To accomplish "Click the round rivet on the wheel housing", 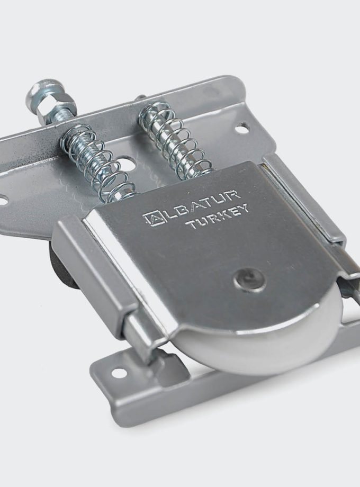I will pyautogui.click(x=249, y=278).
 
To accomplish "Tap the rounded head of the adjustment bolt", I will pyautogui.click(x=39, y=96).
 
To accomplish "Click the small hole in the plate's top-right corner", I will pyautogui.click(x=241, y=128).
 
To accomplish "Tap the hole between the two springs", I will pyautogui.click(x=127, y=159).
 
